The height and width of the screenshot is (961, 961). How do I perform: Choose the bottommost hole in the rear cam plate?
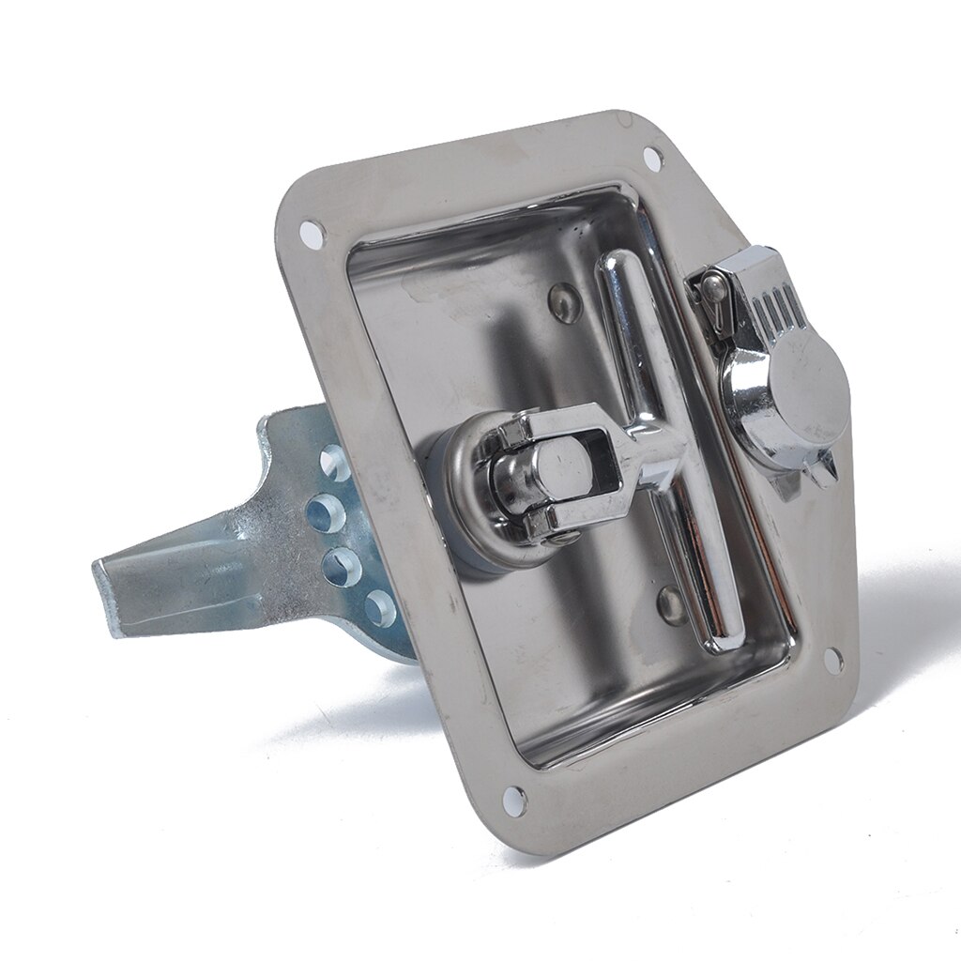pos(379,607)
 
